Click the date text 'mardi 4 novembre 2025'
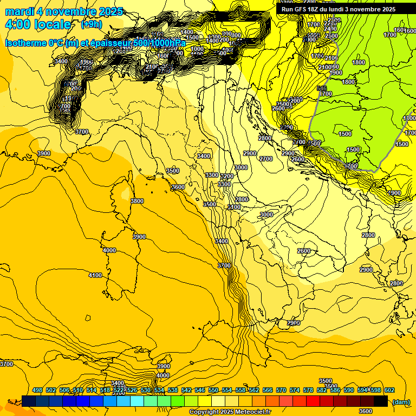point(64,11)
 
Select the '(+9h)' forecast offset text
point(91,24)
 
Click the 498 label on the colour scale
point(37,390)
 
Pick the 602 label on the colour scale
point(389,390)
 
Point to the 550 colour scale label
point(213,390)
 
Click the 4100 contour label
point(95,276)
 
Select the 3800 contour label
point(137,201)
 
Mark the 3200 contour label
point(227,177)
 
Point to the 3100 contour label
point(234,207)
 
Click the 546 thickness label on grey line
point(322,88)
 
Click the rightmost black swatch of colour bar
point(381,401)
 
